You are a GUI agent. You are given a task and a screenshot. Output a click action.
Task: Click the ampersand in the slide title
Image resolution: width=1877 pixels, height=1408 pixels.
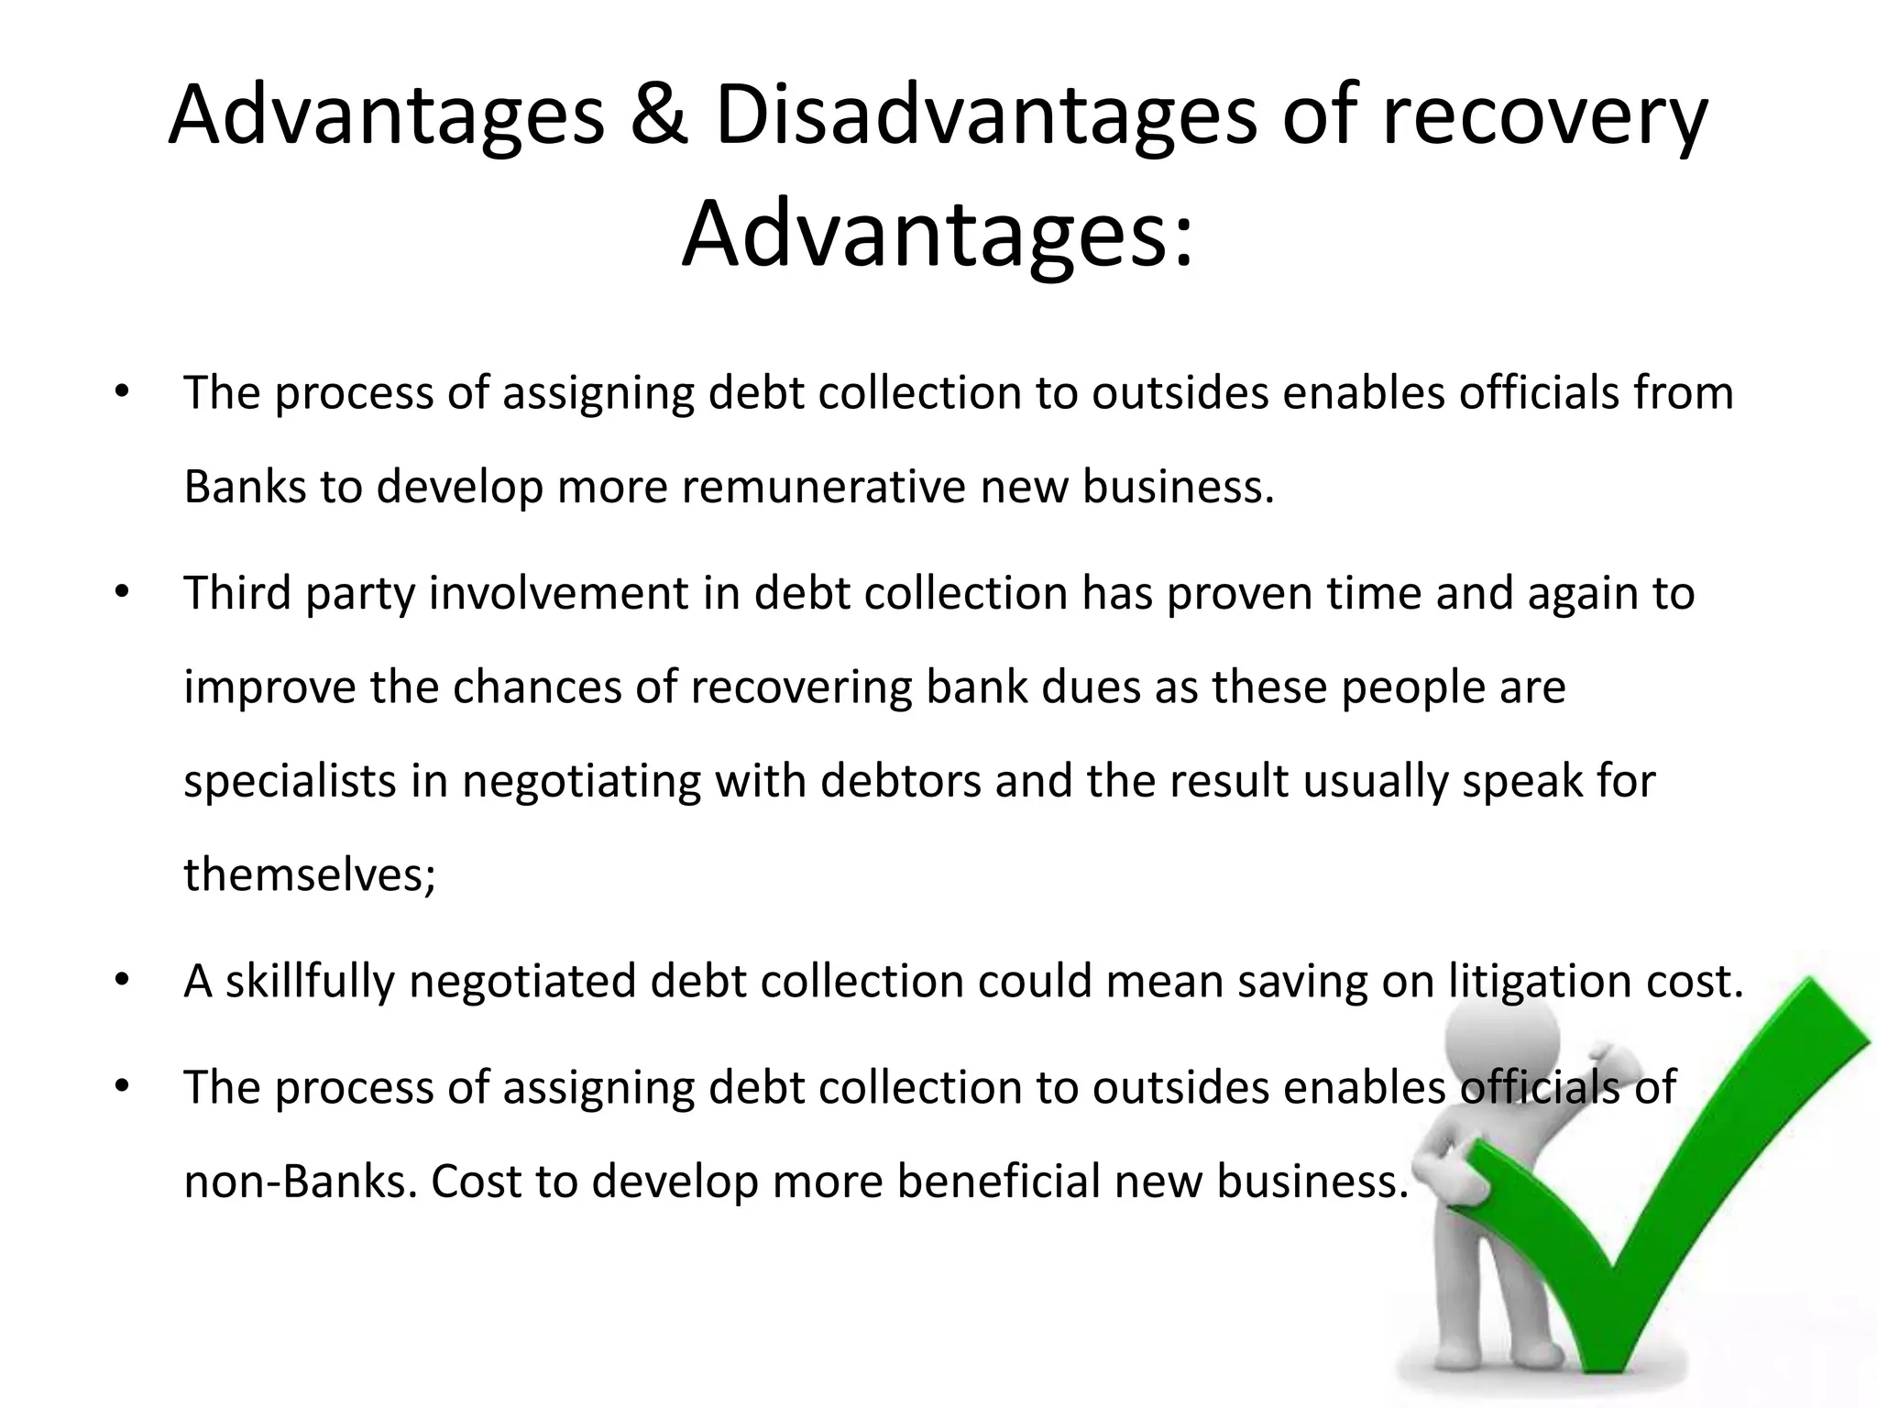(658, 116)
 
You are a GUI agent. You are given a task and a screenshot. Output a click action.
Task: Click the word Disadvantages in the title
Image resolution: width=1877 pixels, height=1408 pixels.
(985, 116)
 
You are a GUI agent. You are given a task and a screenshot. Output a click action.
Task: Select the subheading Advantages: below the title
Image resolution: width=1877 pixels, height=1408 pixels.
(938, 235)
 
